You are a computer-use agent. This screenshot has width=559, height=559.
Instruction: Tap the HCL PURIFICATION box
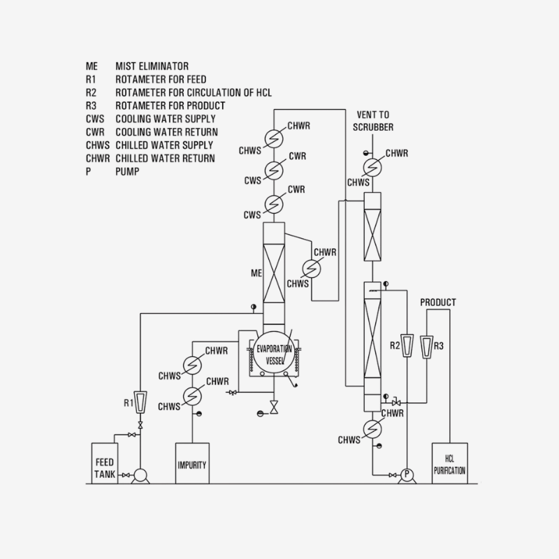(x=449, y=462)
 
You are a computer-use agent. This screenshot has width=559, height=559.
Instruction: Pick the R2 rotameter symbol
(x=408, y=346)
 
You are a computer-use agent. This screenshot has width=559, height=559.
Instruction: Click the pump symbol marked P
(x=405, y=475)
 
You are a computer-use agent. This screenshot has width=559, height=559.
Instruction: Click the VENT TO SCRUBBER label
(x=375, y=120)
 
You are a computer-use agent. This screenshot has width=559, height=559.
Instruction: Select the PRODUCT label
(x=437, y=303)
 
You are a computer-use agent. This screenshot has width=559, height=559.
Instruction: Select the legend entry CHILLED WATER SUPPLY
(x=164, y=145)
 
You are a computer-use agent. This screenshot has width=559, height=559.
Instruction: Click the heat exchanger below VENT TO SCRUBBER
(x=371, y=166)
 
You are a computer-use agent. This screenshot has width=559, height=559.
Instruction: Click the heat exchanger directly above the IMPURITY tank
(x=191, y=395)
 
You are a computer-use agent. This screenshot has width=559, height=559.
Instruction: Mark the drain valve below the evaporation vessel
(x=274, y=407)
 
